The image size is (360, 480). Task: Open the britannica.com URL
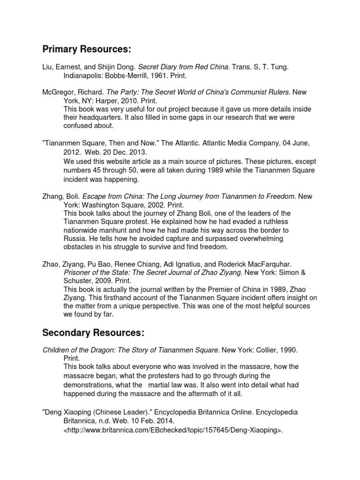(174, 429)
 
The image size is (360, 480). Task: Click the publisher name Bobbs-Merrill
(122, 75)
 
